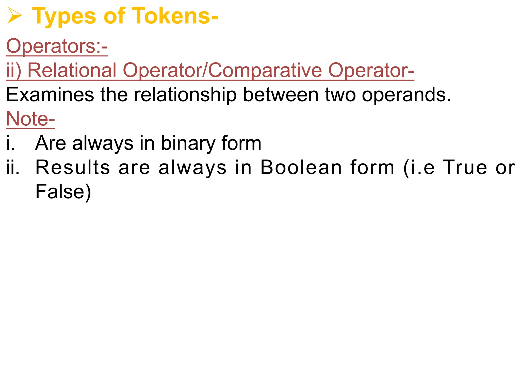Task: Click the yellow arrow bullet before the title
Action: tap(15, 16)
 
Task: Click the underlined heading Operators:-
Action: tap(57, 46)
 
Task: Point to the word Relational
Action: tap(72, 70)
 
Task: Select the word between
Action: tap(281, 95)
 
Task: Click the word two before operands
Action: tap(340, 95)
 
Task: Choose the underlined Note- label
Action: tap(30, 119)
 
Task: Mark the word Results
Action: tap(73, 167)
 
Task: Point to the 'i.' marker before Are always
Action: tap(11, 143)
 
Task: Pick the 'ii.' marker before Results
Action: tap(13, 167)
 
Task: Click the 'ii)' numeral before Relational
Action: tap(14, 70)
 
